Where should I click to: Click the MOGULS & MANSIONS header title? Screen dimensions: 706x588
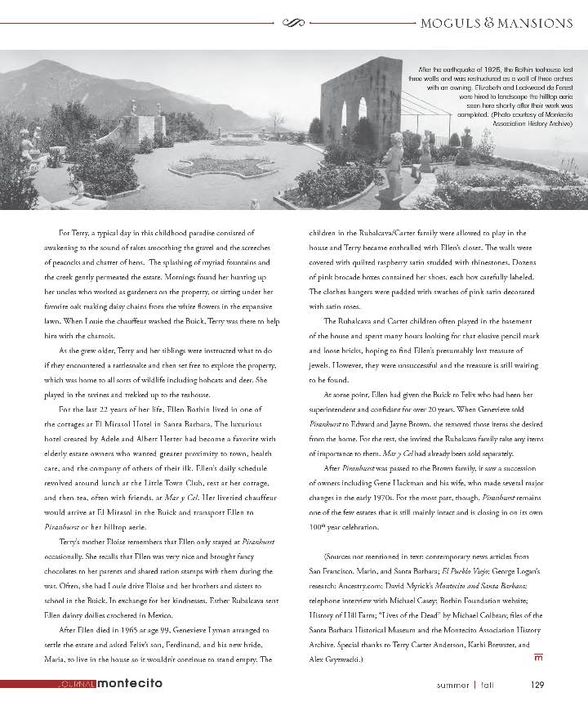[x=496, y=23]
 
